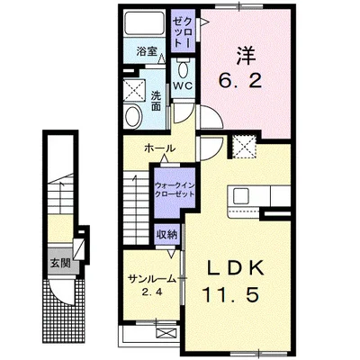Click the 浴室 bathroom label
pyautogui.click(x=146, y=51)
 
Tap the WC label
pyautogui.click(x=183, y=85)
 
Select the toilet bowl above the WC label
pyautogui.click(x=184, y=68)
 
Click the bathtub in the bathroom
pyautogui.click(x=145, y=24)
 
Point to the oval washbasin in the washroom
pyautogui.click(x=132, y=115)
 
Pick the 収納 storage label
pyautogui.click(x=166, y=233)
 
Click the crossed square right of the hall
pyautogui.click(x=244, y=145)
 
